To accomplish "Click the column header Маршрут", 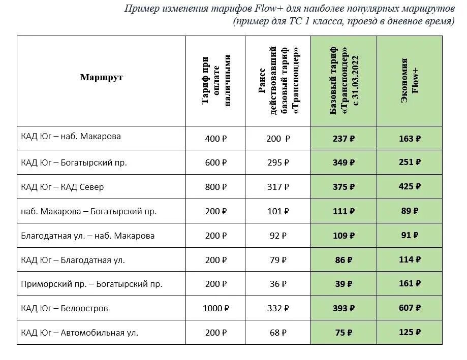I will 101,78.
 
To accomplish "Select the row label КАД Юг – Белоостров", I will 65,308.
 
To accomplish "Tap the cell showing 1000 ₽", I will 215,308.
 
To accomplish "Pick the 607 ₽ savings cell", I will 410,308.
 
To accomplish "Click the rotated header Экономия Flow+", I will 410,81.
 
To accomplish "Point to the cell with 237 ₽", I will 344,139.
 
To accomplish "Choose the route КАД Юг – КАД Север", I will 63,187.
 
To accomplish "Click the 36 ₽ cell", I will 277,284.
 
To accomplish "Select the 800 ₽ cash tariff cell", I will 215,187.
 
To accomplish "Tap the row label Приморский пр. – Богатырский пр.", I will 91,284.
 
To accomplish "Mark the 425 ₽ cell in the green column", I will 410,187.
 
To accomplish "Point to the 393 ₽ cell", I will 344,308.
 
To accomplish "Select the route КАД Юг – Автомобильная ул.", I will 80,333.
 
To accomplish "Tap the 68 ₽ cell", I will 277,333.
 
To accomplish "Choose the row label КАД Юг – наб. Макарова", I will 71,137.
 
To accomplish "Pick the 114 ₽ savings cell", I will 410,260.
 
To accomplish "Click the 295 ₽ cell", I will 277,163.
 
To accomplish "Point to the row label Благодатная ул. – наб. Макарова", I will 88,236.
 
